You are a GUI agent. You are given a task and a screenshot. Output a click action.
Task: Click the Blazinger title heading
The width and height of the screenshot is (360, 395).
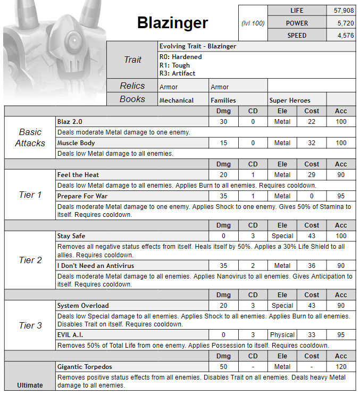(172, 23)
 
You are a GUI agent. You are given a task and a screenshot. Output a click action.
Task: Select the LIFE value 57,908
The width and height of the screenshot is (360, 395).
(341, 11)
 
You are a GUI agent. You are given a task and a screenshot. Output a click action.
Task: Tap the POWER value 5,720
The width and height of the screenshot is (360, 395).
(341, 23)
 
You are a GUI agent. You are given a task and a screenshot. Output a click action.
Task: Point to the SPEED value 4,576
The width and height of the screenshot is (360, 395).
(341, 35)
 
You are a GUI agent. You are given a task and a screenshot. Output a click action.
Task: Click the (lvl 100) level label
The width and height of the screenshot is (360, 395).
(253, 23)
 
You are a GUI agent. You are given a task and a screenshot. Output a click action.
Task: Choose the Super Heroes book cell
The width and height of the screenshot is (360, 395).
(289, 100)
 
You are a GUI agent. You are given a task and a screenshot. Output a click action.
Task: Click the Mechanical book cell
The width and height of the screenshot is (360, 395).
(177, 100)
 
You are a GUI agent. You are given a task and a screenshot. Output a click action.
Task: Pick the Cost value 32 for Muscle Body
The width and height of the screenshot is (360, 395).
(312, 143)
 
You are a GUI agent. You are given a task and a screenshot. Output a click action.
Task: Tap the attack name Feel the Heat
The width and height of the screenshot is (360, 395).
(78, 175)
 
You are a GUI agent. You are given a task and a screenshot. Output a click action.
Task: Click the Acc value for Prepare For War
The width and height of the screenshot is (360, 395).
(341, 196)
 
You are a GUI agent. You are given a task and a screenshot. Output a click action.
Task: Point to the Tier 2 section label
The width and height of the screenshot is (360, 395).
(30, 260)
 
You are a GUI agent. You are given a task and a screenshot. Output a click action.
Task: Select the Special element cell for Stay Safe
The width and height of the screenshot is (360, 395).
(282, 236)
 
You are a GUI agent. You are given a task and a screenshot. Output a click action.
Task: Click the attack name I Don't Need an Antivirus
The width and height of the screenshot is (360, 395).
(96, 266)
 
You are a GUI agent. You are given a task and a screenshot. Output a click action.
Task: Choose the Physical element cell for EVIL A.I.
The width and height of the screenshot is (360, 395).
(282, 335)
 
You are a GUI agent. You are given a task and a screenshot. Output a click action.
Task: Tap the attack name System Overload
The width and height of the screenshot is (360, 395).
(83, 306)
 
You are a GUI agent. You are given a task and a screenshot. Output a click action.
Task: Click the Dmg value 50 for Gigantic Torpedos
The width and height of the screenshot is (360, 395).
(224, 367)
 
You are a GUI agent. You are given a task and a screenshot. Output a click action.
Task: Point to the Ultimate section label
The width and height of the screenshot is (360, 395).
(30, 385)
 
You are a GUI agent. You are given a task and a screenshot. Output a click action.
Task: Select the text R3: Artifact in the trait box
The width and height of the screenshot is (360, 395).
(177, 73)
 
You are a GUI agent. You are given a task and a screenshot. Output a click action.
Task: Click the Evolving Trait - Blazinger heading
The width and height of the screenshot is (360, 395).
(198, 46)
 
